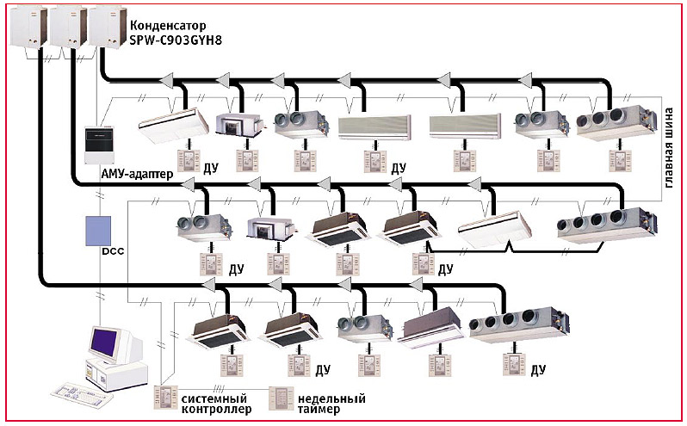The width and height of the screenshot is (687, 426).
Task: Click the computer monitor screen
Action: point(110,342)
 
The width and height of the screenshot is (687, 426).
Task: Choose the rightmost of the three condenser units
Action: point(107,26)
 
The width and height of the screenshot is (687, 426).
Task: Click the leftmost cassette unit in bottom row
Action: point(212,327)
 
